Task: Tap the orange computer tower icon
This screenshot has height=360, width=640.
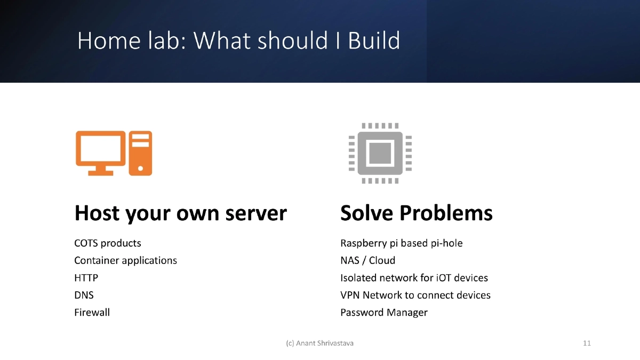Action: [140, 153]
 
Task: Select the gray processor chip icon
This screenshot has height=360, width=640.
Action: [380, 153]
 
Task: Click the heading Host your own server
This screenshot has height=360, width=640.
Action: [180, 213]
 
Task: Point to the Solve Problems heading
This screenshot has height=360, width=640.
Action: [416, 213]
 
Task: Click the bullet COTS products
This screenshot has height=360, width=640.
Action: [108, 243]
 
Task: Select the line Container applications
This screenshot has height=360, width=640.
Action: [125, 260]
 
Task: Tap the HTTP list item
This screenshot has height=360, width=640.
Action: [86, 278]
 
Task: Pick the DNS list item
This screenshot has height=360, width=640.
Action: [84, 295]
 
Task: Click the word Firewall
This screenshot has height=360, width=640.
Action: [92, 313]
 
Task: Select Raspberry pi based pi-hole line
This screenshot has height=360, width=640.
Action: [401, 243]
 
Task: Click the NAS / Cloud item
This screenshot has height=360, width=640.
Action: [367, 260]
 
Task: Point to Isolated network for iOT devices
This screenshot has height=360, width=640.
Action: [414, 278]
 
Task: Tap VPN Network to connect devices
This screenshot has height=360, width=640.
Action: [415, 295]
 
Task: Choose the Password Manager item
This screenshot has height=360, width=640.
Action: [383, 313]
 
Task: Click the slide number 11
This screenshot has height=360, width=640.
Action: [587, 343]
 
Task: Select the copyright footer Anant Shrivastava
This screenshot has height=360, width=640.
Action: [319, 343]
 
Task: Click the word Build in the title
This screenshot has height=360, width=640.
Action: [374, 41]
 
